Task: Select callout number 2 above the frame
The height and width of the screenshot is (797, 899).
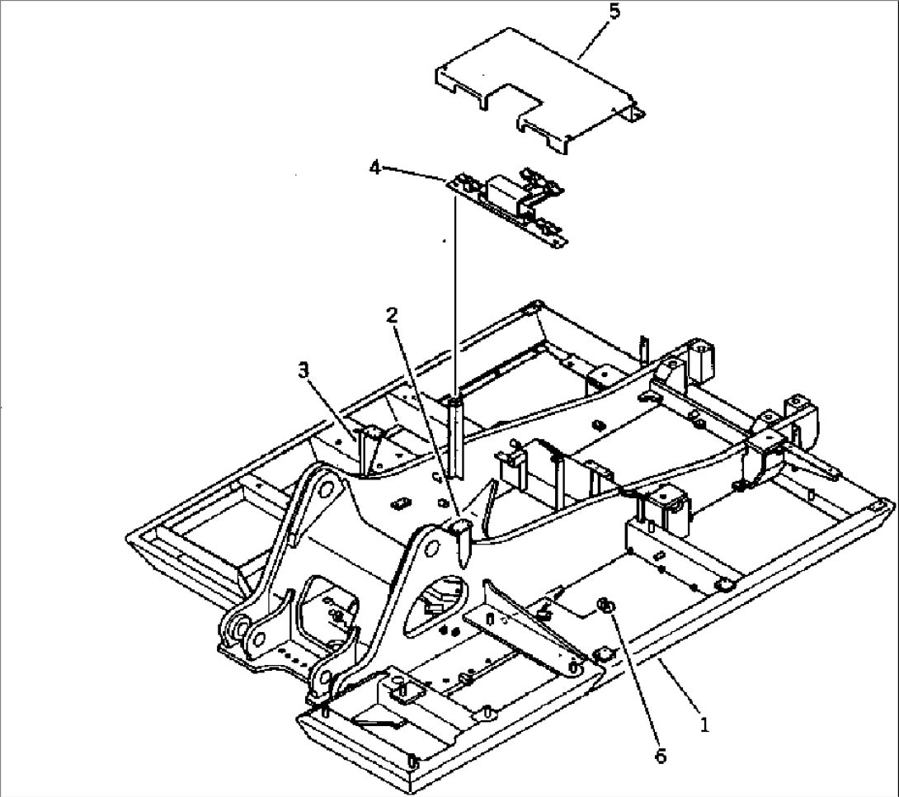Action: point(392,315)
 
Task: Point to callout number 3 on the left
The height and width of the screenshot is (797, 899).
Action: point(304,370)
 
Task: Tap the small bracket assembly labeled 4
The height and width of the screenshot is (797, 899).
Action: point(511,206)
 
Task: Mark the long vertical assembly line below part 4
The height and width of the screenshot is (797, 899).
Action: point(454,314)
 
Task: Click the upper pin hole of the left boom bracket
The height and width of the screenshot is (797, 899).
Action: point(326,489)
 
